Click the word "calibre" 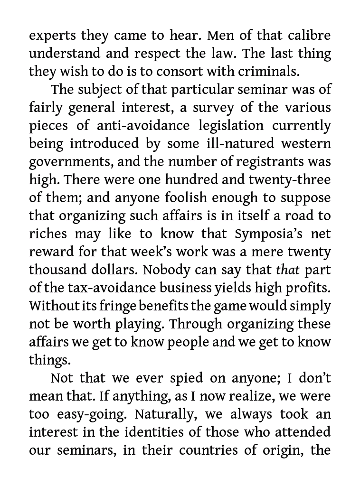pyautogui.click(x=309, y=36)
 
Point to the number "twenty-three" pyautogui.click(x=288, y=180)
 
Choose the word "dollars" pyautogui.click(x=114, y=270)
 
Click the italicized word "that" pyautogui.click(x=288, y=270)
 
